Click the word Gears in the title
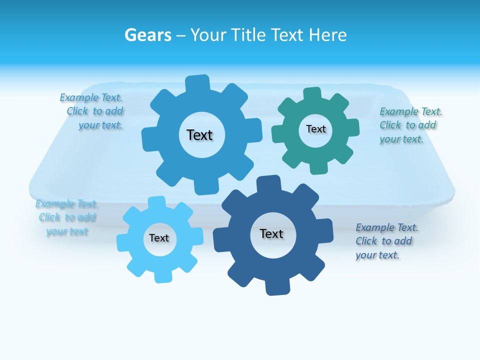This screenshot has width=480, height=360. [x=147, y=35]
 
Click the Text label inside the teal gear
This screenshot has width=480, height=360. [x=316, y=129]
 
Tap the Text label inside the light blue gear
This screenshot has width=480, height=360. [x=159, y=238]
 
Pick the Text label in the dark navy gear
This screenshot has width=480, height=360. [x=271, y=233]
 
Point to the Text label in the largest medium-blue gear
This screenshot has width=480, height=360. [x=199, y=135]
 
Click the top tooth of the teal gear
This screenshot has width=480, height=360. [x=312, y=94]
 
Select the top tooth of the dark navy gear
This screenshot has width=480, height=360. [x=268, y=183]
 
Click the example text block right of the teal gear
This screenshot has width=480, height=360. [x=410, y=125]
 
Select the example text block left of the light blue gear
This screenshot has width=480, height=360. [x=66, y=217]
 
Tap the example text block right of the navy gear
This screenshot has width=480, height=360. [x=386, y=241]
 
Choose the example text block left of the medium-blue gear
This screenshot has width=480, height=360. [x=92, y=111]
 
